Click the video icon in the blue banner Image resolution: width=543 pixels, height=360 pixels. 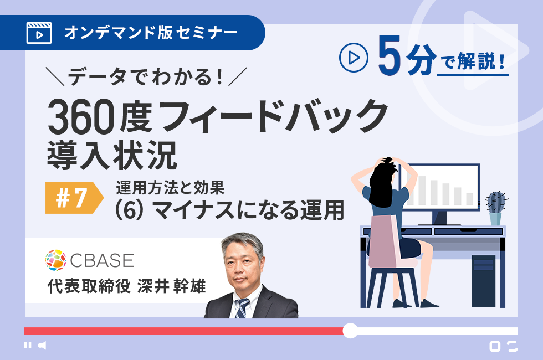pyautogui.click(x=39, y=33)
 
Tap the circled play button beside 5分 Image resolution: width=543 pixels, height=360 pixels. pyautogui.click(x=354, y=58)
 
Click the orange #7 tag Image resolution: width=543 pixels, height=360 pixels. pyautogui.click(x=74, y=198)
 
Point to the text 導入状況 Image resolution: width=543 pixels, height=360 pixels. pyautogui.click(x=112, y=156)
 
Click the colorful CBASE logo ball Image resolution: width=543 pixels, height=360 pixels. pyautogui.click(x=56, y=260)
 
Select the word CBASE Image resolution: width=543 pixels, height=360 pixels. pyautogui.click(x=102, y=260)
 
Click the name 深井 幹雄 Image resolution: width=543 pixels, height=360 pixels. pyautogui.click(x=171, y=286)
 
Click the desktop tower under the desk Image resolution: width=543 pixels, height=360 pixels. pyautogui.click(x=483, y=281)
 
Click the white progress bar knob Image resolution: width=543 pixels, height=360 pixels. pyautogui.click(x=350, y=331)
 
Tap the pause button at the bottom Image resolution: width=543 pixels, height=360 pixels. pyautogui.click(x=28, y=345)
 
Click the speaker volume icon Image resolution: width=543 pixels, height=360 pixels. pyautogui.click(x=42, y=345)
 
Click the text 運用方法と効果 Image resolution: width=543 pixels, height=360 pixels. pyautogui.click(x=170, y=188)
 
